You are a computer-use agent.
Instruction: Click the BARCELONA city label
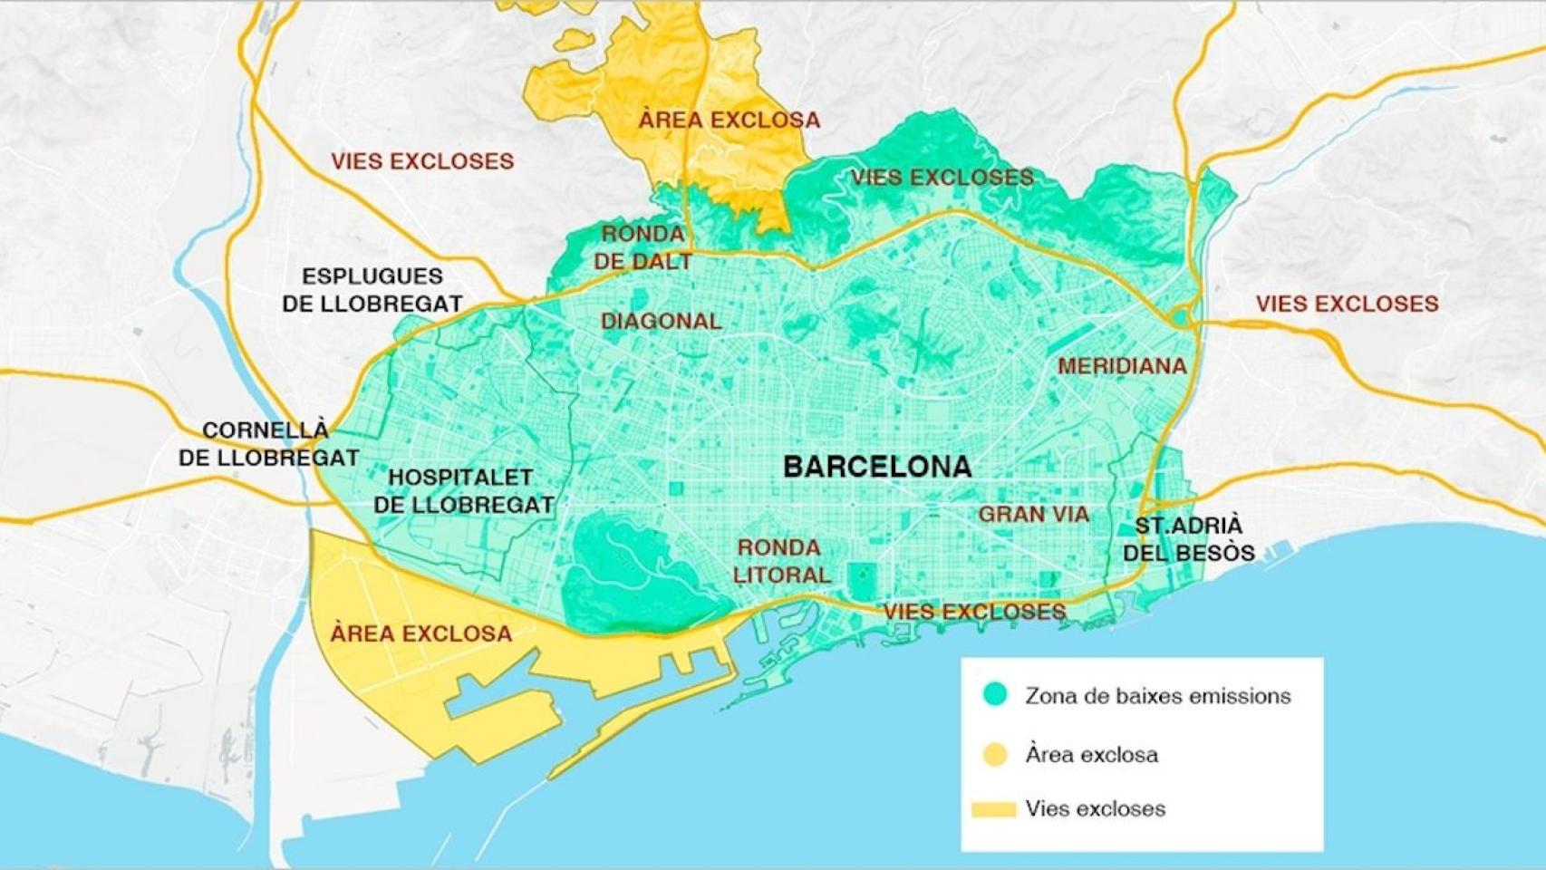pyautogui.click(x=876, y=467)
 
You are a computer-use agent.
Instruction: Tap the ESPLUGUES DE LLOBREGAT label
pyautogui.click(x=372, y=290)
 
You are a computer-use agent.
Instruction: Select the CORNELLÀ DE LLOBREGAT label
pyautogui.click(x=268, y=444)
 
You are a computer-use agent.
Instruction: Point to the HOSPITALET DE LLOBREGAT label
pyautogui.click(x=463, y=491)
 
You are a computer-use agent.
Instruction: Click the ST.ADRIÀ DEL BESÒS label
pyautogui.click(x=1188, y=539)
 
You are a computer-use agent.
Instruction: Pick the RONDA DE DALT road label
pyautogui.click(x=643, y=247)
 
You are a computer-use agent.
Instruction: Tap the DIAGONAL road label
pyautogui.click(x=661, y=321)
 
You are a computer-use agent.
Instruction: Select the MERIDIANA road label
pyautogui.click(x=1121, y=366)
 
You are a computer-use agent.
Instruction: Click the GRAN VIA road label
pyautogui.click(x=1033, y=514)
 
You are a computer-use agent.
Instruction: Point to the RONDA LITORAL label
pyautogui.click(x=780, y=561)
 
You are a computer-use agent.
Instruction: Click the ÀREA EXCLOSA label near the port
pyautogui.click(x=420, y=633)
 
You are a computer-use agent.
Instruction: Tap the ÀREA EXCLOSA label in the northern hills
pyautogui.click(x=729, y=120)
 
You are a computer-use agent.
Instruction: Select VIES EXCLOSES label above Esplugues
pyautogui.click(x=421, y=161)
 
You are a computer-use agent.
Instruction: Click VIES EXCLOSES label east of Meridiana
pyautogui.click(x=1347, y=304)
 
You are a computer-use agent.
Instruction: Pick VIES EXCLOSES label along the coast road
pyautogui.click(x=974, y=612)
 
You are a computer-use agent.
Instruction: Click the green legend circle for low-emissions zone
pyautogui.click(x=995, y=695)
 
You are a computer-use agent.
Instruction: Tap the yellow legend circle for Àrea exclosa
pyautogui.click(x=995, y=754)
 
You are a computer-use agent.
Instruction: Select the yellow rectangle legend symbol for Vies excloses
pyautogui.click(x=993, y=809)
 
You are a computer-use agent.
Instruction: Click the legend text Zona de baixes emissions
pyautogui.click(x=1157, y=696)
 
